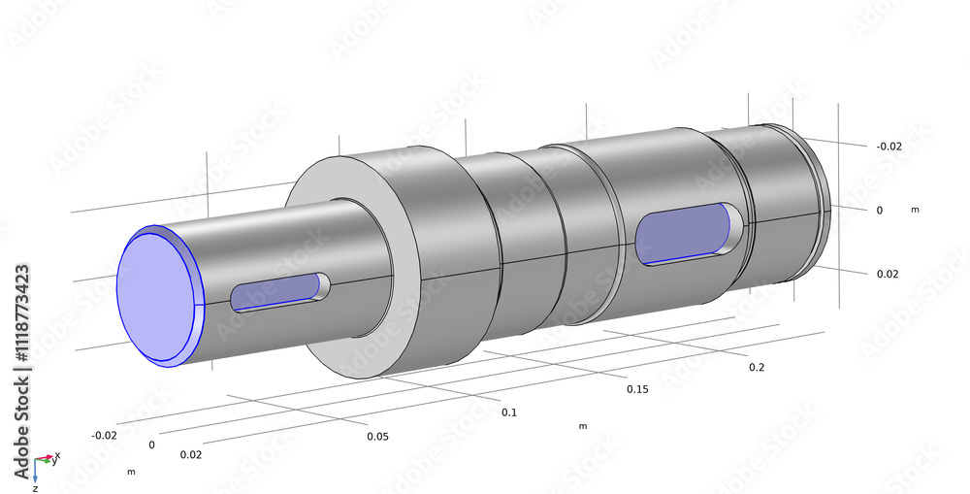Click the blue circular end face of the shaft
tap(155, 293)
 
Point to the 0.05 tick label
tap(377, 436)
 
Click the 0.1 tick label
tap(508, 412)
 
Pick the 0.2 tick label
tap(757, 367)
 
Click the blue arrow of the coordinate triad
tap(35, 472)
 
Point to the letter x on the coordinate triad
tap(57, 454)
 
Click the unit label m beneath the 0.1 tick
tap(582, 426)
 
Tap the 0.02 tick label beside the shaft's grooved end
tap(888, 274)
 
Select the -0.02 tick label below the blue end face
tap(104, 435)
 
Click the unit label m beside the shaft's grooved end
tap(915, 209)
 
